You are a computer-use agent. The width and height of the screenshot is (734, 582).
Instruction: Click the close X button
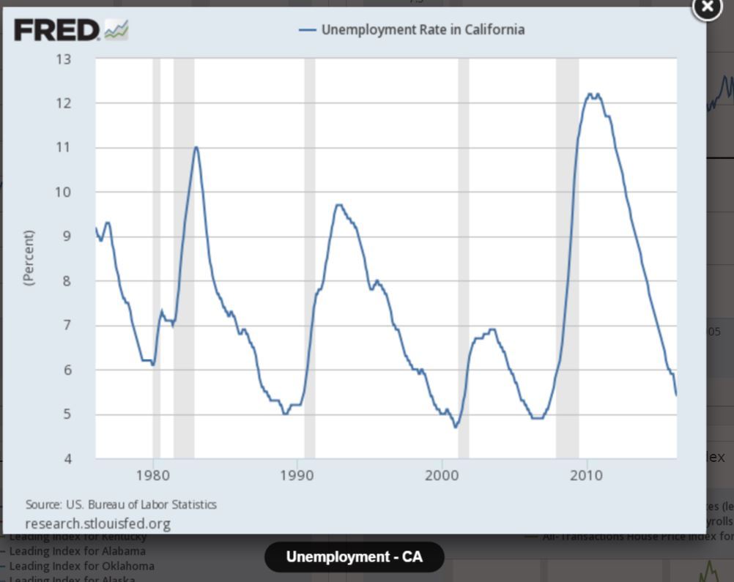[x=707, y=7]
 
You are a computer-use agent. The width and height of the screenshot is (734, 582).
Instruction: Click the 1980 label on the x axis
[x=153, y=476]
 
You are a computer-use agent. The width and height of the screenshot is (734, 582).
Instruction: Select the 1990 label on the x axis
[x=297, y=476]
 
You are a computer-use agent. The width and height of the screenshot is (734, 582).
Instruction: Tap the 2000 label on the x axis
[x=441, y=476]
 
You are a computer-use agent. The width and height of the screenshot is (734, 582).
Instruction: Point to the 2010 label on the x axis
[x=585, y=476]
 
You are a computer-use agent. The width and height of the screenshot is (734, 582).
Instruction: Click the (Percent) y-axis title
[x=29, y=258]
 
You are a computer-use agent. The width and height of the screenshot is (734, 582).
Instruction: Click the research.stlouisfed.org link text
[x=97, y=523]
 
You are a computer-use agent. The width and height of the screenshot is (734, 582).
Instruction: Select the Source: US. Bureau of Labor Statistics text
[x=121, y=504]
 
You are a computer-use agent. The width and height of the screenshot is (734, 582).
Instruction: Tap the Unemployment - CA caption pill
[x=354, y=557]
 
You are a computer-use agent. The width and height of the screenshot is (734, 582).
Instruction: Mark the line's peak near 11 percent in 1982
[x=196, y=147]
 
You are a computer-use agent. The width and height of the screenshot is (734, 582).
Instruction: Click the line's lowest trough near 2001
[x=456, y=427]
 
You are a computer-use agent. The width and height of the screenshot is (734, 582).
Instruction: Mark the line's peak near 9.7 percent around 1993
[x=338, y=205]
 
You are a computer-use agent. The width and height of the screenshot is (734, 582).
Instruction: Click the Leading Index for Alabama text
[x=78, y=551]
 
